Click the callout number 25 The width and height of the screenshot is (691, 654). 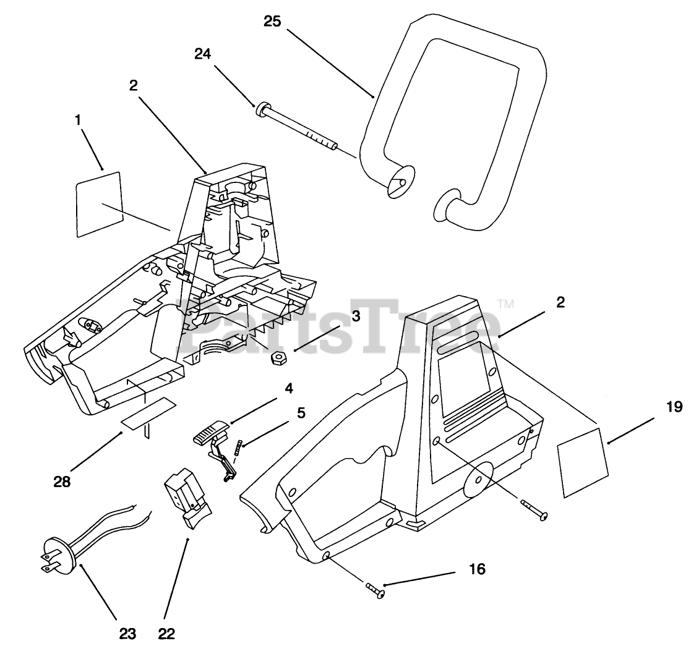click(272, 22)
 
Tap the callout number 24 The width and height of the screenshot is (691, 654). click(203, 54)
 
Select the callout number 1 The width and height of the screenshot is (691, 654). click(78, 121)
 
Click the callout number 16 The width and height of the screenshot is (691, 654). click(477, 569)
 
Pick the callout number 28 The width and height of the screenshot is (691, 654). click(62, 481)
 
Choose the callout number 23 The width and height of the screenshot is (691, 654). click(127, 634)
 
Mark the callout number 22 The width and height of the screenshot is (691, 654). click(166, 634)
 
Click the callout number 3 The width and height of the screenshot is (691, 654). click(355, 316)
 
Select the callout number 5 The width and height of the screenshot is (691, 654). click(301, 412)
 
